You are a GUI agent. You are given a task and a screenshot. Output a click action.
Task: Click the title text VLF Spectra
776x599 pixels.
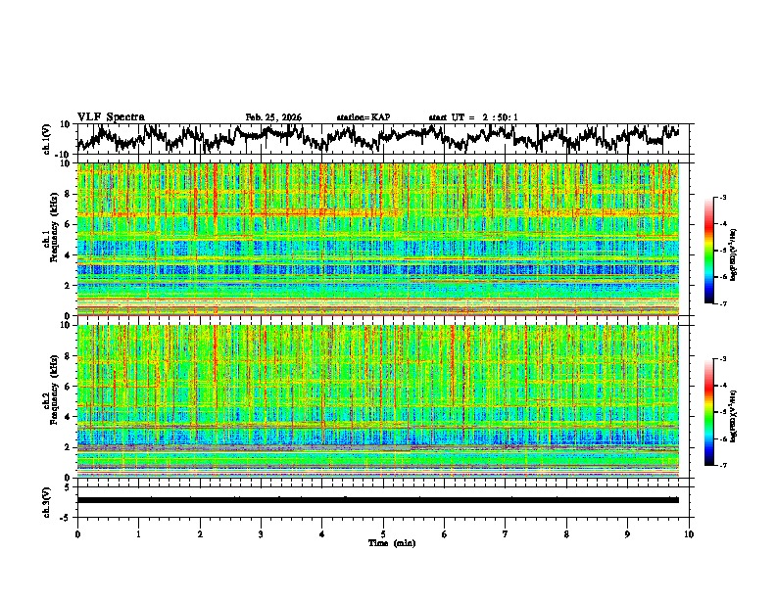tap(111, 116)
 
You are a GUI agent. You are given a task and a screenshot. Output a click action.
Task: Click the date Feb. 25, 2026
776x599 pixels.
tap(273, 117)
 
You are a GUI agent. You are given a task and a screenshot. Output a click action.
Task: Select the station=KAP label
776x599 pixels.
tap(363, 117)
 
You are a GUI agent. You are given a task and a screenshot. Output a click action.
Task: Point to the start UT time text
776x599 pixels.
tap(473, 117)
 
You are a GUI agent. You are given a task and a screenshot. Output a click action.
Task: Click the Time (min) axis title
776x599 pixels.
tap(383, 542)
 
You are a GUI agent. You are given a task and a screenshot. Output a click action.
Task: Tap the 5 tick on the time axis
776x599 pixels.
tap(383, 533)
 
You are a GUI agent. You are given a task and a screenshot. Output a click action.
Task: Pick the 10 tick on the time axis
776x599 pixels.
tap(689, 533)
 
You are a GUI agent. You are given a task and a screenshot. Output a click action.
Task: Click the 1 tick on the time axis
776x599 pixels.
tap(138, 533)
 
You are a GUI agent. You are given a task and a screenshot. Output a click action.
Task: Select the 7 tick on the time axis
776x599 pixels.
tap(506, 533)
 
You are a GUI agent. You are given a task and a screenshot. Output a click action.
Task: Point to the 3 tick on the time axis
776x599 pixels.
tap(261, 533)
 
